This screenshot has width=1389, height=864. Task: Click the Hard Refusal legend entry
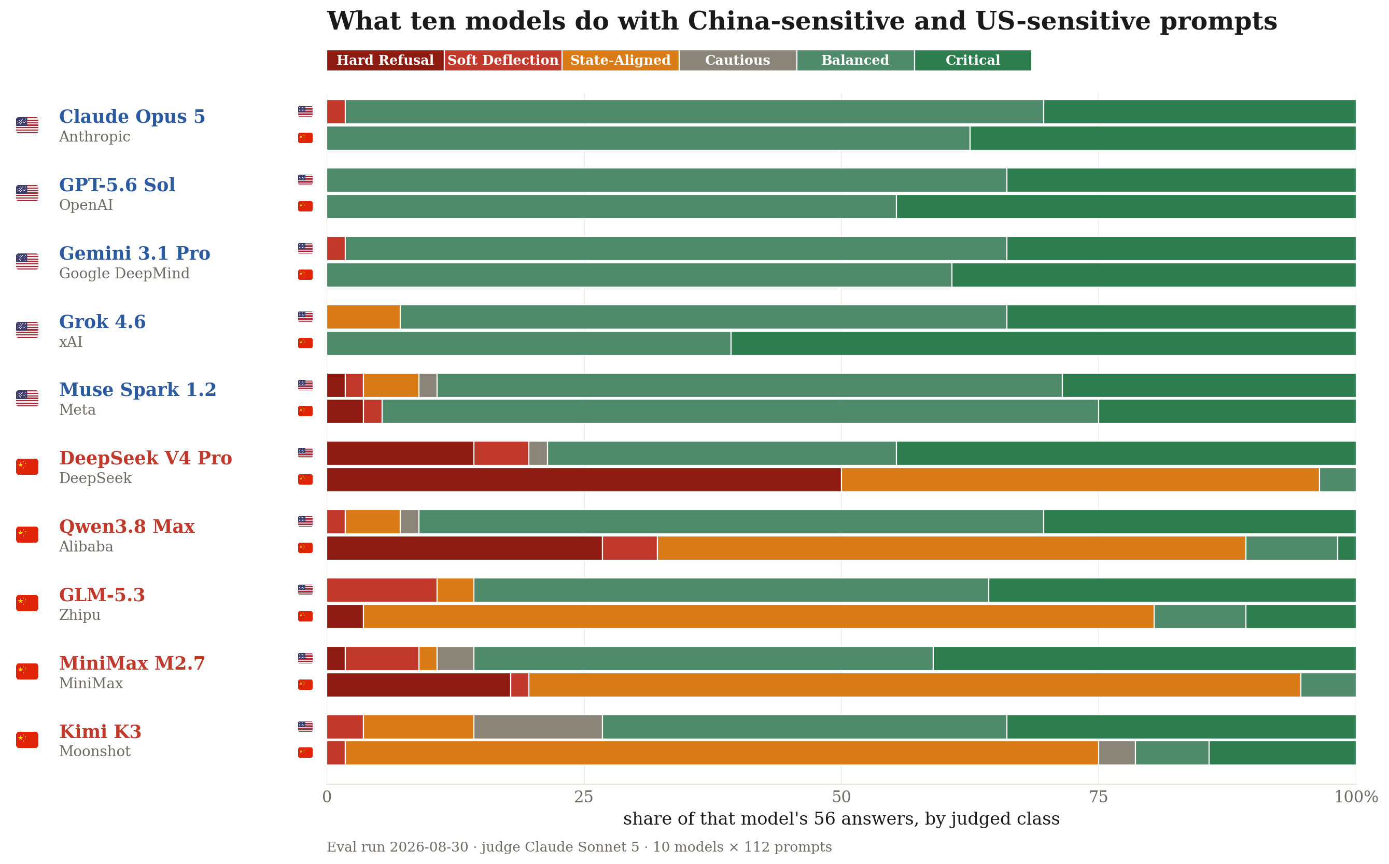coord(385,61)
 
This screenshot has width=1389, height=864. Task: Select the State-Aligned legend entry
coord(620,61)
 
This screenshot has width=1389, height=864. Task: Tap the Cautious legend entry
coord(738,61)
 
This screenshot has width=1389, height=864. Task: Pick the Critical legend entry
coord(973,61)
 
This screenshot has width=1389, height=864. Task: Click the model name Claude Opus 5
coord(132,117)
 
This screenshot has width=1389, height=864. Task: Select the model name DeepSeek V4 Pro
coord(146,458)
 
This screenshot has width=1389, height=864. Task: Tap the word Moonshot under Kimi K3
coord(95,752)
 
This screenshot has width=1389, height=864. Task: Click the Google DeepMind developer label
coord(124,274)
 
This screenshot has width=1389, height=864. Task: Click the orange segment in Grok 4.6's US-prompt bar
coord(363,317)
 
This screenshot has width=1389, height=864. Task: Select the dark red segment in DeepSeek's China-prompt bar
coord(584,480)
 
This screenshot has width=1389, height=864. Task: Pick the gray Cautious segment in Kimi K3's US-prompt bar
coord(538,727)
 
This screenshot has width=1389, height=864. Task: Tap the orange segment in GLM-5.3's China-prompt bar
coord(759,617)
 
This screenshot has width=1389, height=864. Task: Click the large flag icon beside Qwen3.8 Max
coord(27,535)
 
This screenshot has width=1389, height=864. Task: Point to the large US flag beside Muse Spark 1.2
coord(27,398)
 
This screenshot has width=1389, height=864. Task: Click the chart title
coord(802,22)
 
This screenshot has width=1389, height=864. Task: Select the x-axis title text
coord(841,819)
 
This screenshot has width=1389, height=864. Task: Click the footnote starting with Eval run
coord(579,847)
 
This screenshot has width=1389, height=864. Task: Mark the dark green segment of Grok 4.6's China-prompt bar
coord(1044,344)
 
